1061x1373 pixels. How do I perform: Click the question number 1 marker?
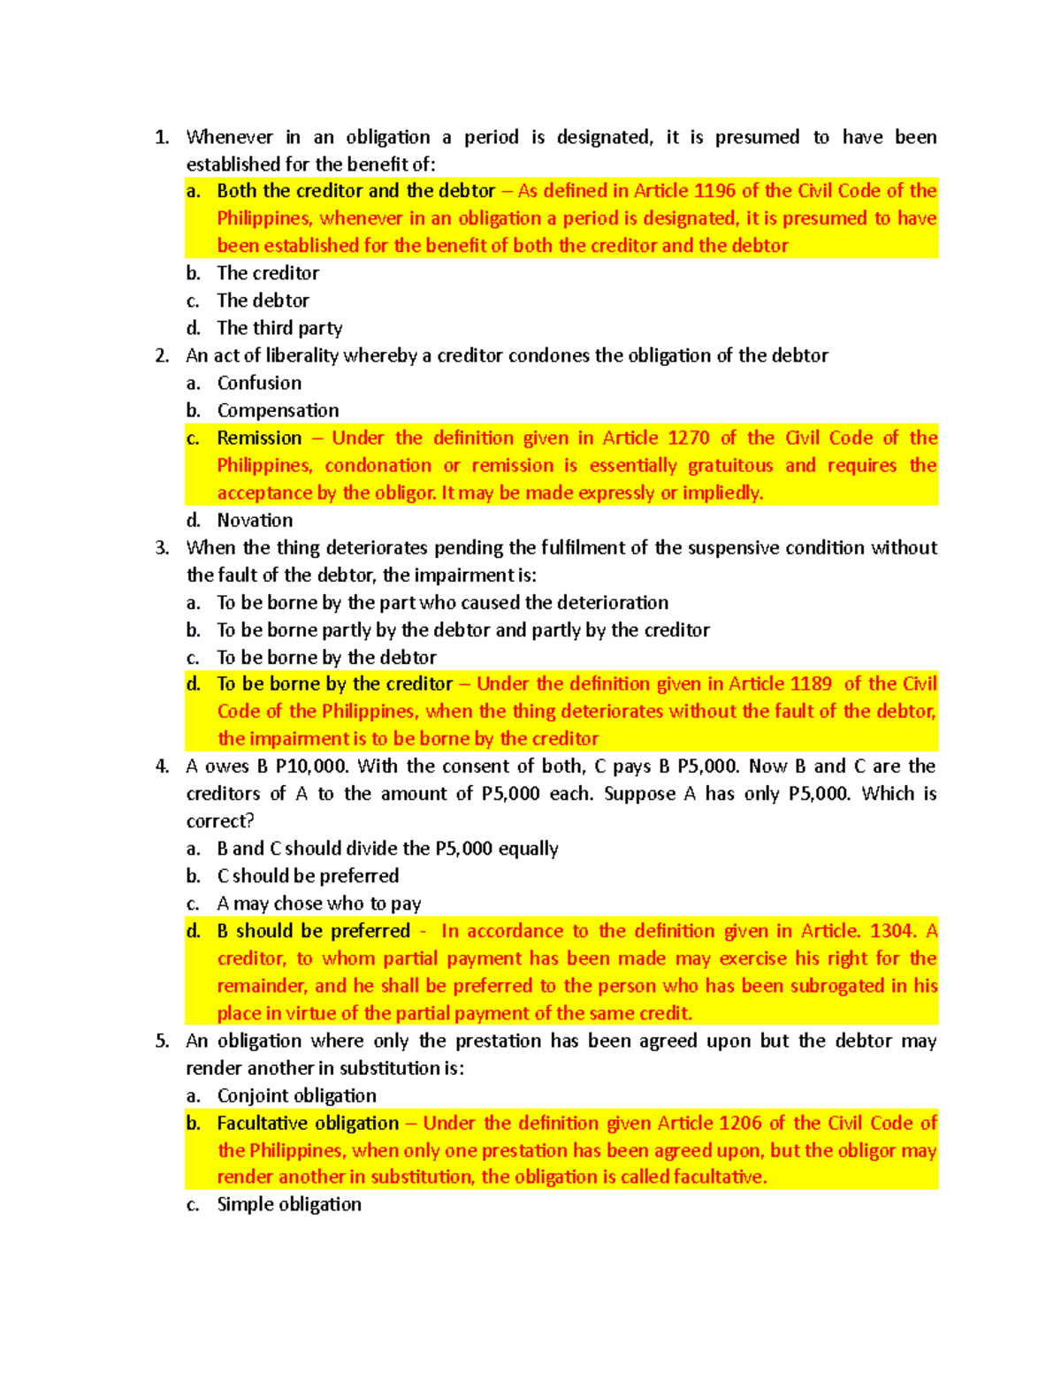(x=161, y=137)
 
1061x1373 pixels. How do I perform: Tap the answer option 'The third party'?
(x=279, y=328)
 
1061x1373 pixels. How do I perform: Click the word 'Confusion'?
(x=259, y=383)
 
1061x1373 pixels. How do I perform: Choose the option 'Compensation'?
(x=278, y=410)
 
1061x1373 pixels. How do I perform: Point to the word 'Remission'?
(x=259, y=438)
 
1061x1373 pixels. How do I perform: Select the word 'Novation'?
(x=255, y=520)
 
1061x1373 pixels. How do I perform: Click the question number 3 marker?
(x=161, y=547)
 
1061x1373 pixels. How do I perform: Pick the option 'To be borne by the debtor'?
(x=326, y=657)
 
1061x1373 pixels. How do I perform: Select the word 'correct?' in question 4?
(x=219, y=820)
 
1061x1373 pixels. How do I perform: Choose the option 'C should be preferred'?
(x=308, y=875)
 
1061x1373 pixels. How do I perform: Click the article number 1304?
(x=892, y=931)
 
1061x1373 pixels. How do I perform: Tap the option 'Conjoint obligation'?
(x=296, y=1095)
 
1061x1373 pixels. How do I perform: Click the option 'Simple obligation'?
(x=289, y=1204)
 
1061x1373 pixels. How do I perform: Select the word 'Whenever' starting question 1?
(x=229, y=137)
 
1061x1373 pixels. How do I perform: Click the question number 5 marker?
(x=161, y=1041)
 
